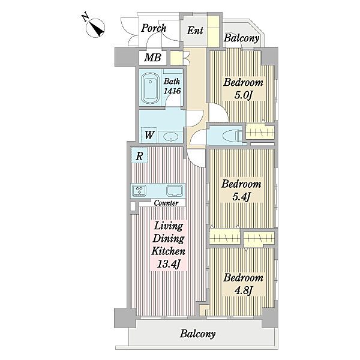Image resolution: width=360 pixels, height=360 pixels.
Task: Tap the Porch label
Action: pyautogui.click(x=154, y=28)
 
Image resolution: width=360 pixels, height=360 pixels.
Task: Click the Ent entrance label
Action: pyautogui.click(x=195, y=31)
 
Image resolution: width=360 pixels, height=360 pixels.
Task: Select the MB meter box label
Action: pyautogui.click(x=152, y=57)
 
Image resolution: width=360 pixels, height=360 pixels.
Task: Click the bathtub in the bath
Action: pyautogui.click(x=150, y=88)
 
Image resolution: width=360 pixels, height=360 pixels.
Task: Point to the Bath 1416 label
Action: pyautogui.click(x=172, y=86)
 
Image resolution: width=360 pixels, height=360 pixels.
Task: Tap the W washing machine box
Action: pyautogui.click(x=149, y=135)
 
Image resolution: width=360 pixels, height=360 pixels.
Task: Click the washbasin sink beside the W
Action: pyautogui.click(x=171, y=137)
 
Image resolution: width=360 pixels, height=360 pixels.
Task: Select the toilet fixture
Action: pyautogui.click(x=232, y=136)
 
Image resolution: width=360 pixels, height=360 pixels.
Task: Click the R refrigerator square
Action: pyautogui.click(x=139, y=155)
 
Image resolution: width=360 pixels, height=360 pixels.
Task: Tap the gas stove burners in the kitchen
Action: pyautogui.click(x=139, y=190)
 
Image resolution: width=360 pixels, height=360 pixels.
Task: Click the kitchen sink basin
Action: pyautogui.click(x=175, y=191)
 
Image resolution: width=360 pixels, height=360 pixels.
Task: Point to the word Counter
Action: pyautogui.click(x=166, y=203)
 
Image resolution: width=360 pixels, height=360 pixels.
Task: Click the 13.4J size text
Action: pyautogui.click(x=169, y=264)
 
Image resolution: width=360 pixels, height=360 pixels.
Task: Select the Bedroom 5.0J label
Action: pyautogui.click(x=244, y=88)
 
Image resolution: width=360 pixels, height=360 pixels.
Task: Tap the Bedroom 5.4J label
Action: pyautogui.click(x=241, y=190)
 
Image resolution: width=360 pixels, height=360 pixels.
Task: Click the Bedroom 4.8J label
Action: pyautogui.click(x=244, y=284)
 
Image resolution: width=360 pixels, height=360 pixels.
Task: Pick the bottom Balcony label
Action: pyautogui.click(x=197, y=334)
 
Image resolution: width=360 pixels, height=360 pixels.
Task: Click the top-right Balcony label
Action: pyautogui.click(x=242, y=38)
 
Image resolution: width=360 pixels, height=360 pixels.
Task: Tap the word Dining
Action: pyautogui.click(x=169, y=239)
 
